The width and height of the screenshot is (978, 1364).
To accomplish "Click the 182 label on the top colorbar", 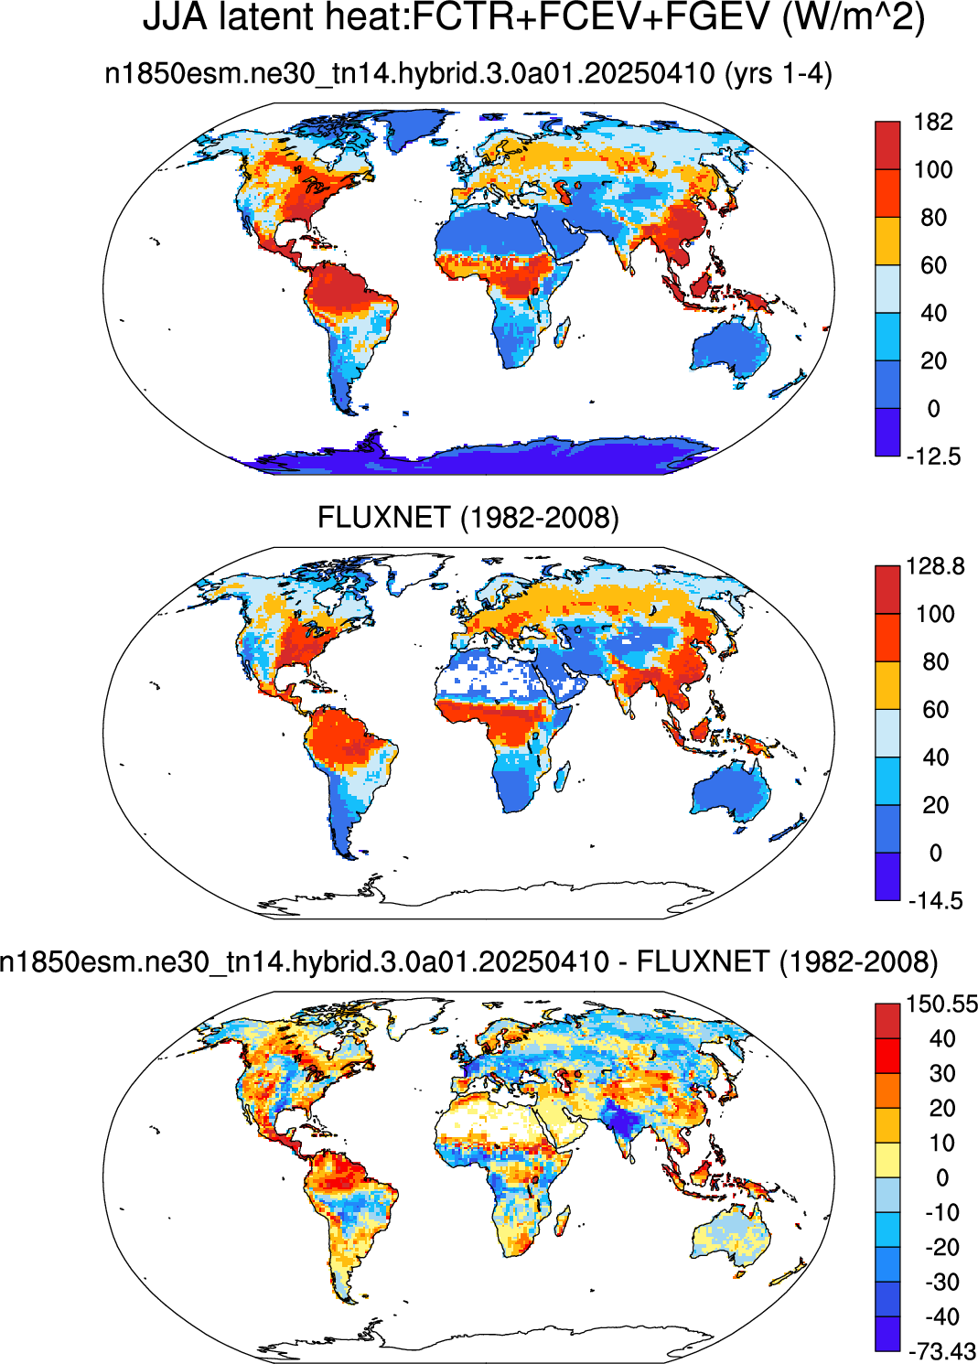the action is click(x=933, y=122).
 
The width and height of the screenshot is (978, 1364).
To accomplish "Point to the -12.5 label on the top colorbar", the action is click(x=933, y=456).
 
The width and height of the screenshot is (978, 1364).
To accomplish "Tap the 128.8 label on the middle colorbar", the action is click(x=935, y=566).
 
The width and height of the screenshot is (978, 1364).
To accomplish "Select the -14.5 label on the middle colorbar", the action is click(x=935, y=900).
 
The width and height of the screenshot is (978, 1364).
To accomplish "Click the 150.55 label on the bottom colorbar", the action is click(x=941, y=1004).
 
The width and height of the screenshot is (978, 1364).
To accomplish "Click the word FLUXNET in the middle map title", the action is click(x=384, y=518).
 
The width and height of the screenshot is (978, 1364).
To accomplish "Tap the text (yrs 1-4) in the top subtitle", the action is click(x=778, y=74).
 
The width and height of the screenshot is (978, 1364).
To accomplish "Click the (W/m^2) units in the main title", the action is click(x=854, y=18).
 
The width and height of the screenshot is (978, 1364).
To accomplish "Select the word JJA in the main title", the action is click(x=177, y=18).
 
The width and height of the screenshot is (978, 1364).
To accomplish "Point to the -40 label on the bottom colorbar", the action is click(x=941, y=1317).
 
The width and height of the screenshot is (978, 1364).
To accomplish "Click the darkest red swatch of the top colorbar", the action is click(x=887, y=145).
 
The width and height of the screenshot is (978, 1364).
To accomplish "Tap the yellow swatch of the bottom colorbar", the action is click(x=887, y=1160).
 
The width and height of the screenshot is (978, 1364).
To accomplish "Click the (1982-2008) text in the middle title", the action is click(x=540, y=518).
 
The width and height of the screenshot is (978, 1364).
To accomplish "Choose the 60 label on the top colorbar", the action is click(x=933, y=265).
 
